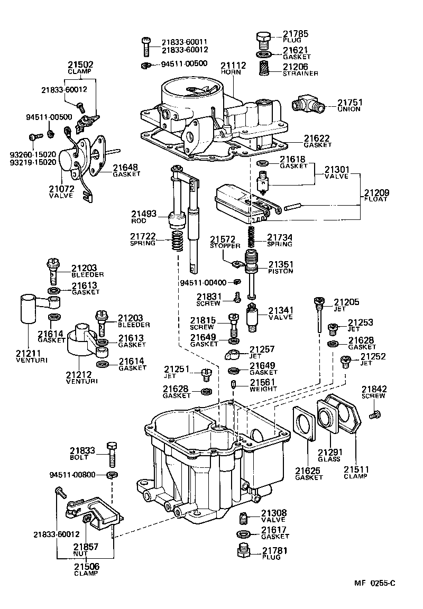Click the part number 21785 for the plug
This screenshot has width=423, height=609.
pyautogui.click(x=293, y=32)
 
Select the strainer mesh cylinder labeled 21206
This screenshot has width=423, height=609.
pyautogui.click(x=263, y=69)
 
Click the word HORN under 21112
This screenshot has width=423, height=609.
pyautogui.click(x=231, y=72)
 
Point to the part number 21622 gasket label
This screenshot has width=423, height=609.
pyautogui.click(x=316, y=138)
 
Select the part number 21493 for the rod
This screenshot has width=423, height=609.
pyautogui.click(x=144, y=214)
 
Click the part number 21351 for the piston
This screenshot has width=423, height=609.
pyautogui.click(x=281, y=264)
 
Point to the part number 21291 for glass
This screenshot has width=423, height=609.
pyautogui.click(x=329, y=453)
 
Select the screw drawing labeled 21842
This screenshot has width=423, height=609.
pyautogui.click(x=376, y=415)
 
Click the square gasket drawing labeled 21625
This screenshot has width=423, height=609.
pyautogui.click(x=305, y=424)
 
